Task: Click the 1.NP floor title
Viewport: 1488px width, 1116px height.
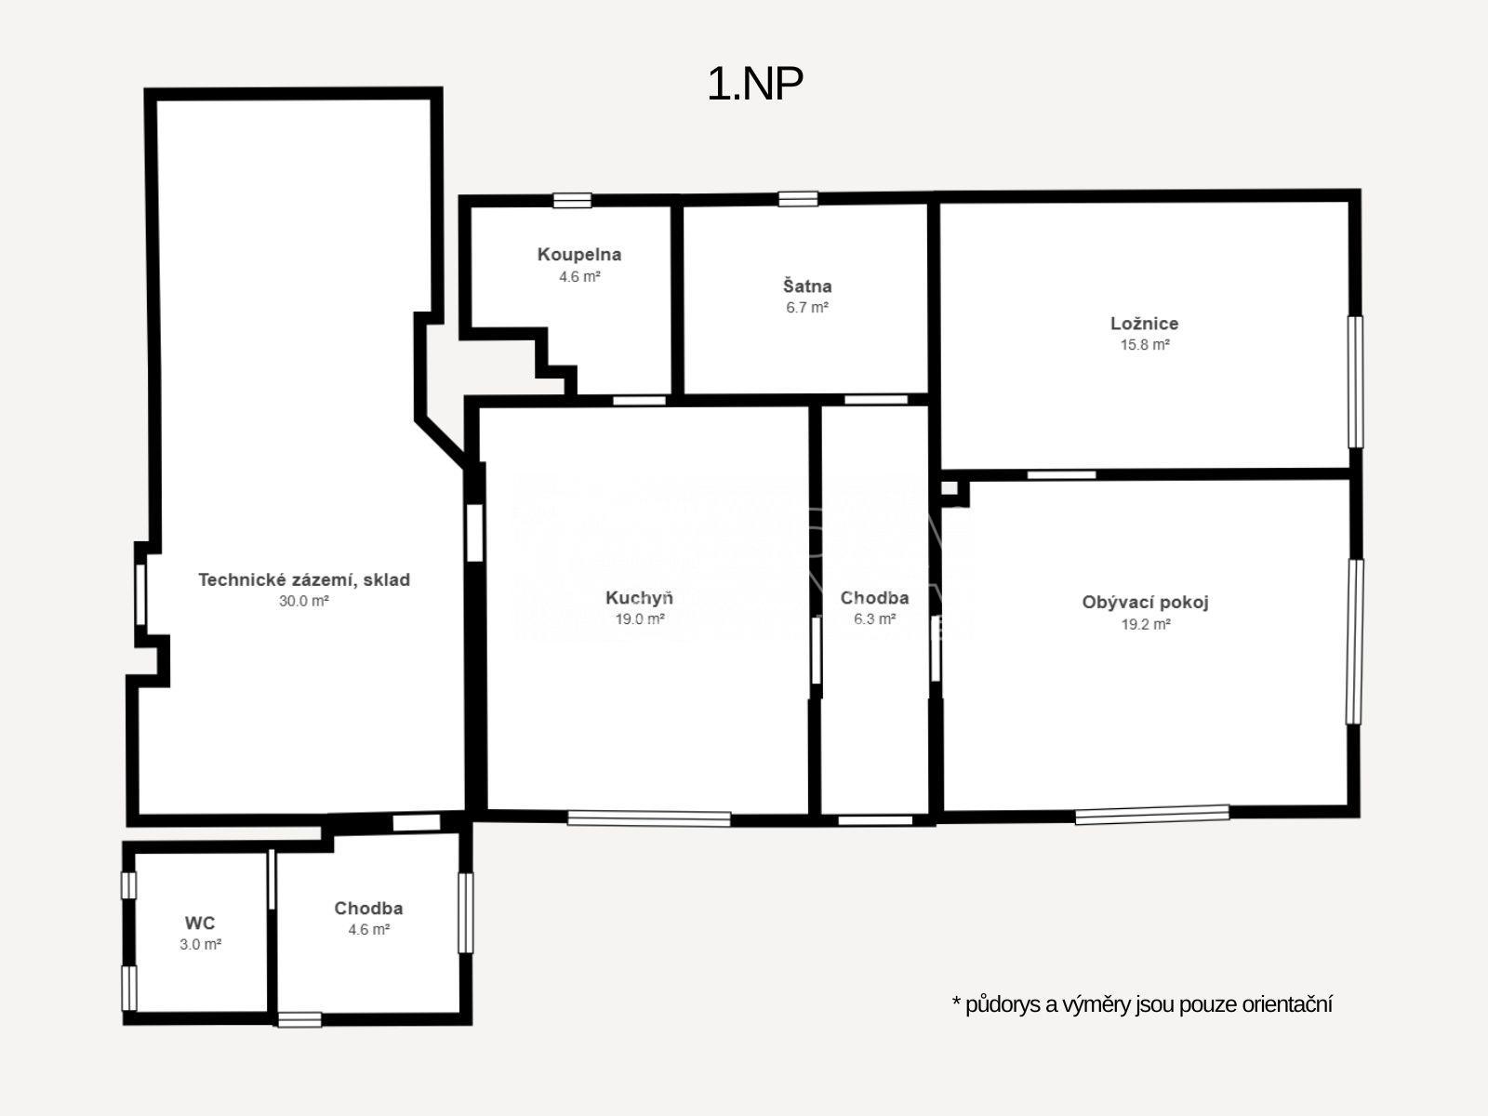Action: (x=755, y=85)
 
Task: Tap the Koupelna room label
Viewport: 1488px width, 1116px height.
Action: (x=579, y=255)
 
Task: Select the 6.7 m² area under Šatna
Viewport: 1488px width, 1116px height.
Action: (x=806, y=308)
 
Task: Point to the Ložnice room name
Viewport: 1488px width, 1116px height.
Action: (x=1144, y=324)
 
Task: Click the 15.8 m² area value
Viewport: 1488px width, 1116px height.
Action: (x=1144, y=345)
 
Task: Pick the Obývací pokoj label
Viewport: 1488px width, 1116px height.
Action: (x=1145, y=603)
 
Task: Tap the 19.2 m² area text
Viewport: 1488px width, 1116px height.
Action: (x=1146, y=624)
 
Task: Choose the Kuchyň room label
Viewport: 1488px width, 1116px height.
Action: (x=639, y=598)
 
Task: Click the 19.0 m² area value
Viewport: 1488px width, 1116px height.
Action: (x=639, y=618)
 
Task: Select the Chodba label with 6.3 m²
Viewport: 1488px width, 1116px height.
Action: (x=874, y=598)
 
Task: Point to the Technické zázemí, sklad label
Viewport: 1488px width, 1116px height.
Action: (x=304, y=580)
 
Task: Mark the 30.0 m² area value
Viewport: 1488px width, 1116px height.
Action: (x=304, y=601)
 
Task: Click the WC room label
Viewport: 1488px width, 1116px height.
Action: (x=200, y=923)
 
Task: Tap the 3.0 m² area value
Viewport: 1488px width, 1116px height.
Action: (x=201, y=945)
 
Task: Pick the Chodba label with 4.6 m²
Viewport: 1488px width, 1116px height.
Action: (x=368, y=908)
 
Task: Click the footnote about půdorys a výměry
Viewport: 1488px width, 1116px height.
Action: (x=1142, y=1004)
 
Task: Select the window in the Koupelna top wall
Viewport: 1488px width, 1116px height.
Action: (x=572, y=201)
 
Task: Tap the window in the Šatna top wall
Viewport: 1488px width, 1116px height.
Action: (x=798, y=199)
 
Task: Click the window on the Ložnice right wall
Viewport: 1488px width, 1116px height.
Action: (x=1355, y=382)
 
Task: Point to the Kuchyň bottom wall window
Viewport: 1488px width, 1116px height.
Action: (x=649, y=818)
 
